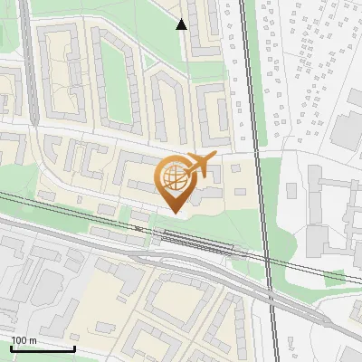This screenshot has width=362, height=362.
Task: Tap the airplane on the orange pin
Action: (198, 165)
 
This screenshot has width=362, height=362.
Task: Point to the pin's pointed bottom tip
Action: (174, 212)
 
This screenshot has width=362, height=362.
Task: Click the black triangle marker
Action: (182, 24)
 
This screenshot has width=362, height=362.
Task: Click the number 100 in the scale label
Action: (19, 340)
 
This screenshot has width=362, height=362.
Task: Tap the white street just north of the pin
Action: (136, 145)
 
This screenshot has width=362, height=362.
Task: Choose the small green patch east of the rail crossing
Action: (335, 276)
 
